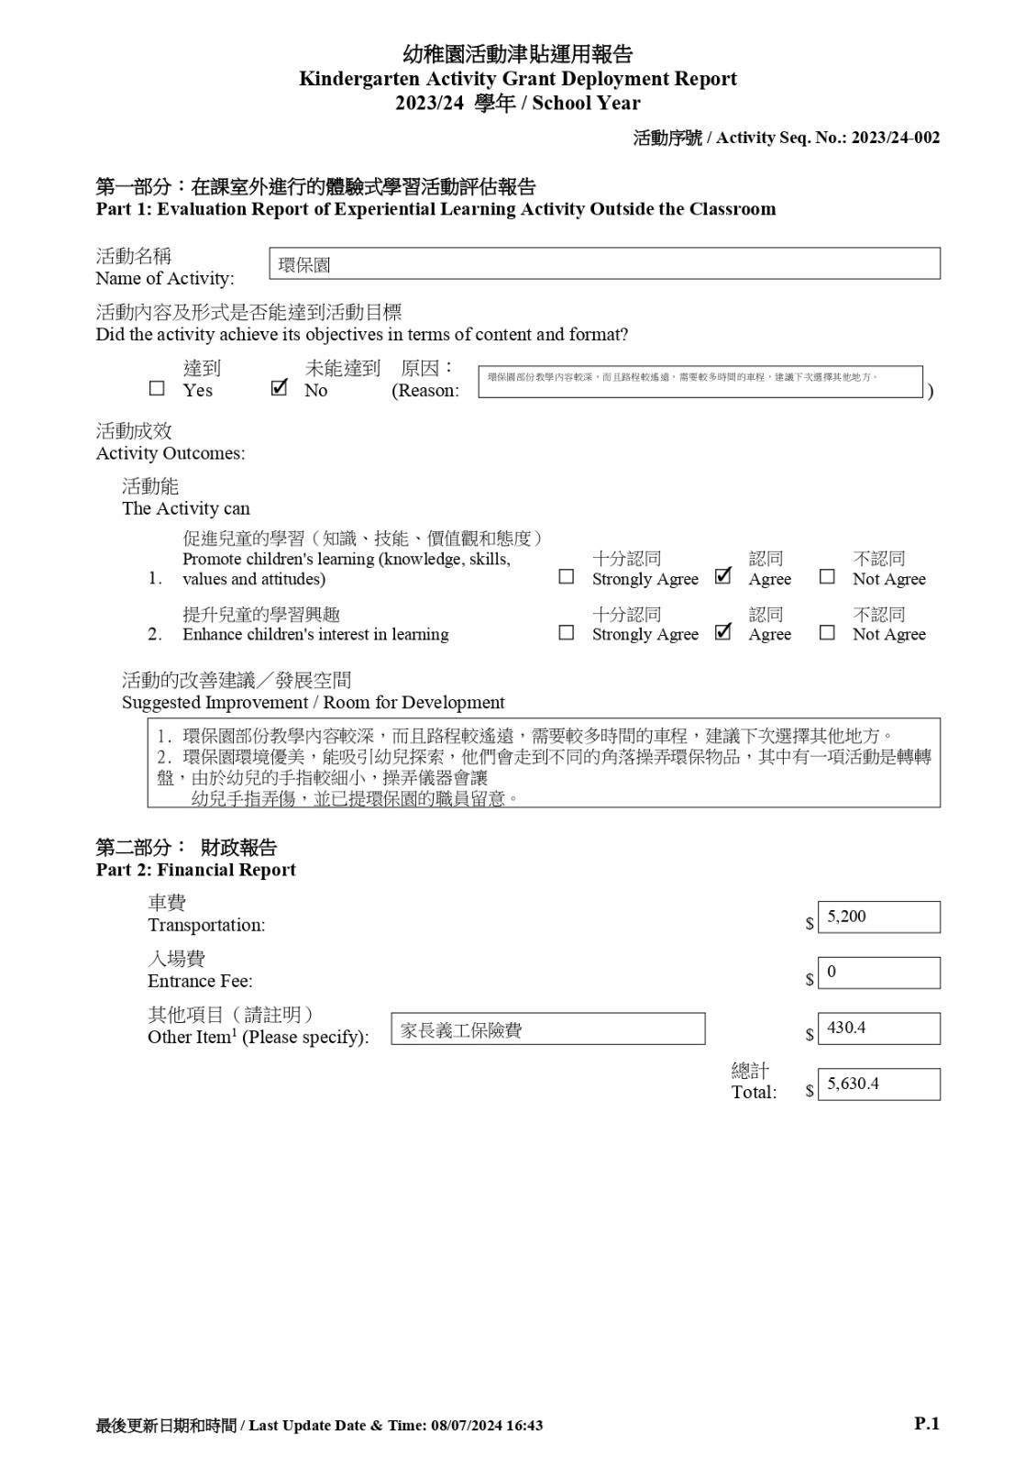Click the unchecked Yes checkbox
point(157,389)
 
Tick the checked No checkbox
point(280,388)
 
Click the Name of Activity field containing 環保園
point(604,264)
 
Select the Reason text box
point(700,382)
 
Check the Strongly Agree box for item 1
point(567,577)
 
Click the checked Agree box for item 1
point(723,576)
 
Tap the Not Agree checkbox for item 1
point(827,577)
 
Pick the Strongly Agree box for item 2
point(567,633)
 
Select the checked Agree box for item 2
point(723,632)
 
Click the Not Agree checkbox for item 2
point(827,633)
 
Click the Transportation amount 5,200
point(878,917)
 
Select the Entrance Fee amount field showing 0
point(878,973)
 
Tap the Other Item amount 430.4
point(878,1029)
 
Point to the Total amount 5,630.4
point(878,1084)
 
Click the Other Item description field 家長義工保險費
point(547,1029)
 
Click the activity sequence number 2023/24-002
point(895,138)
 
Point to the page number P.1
point(927,1424)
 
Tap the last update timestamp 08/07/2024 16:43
point(486,1426)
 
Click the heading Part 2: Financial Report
point(196,870)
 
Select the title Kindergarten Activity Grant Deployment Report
point(518,79)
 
